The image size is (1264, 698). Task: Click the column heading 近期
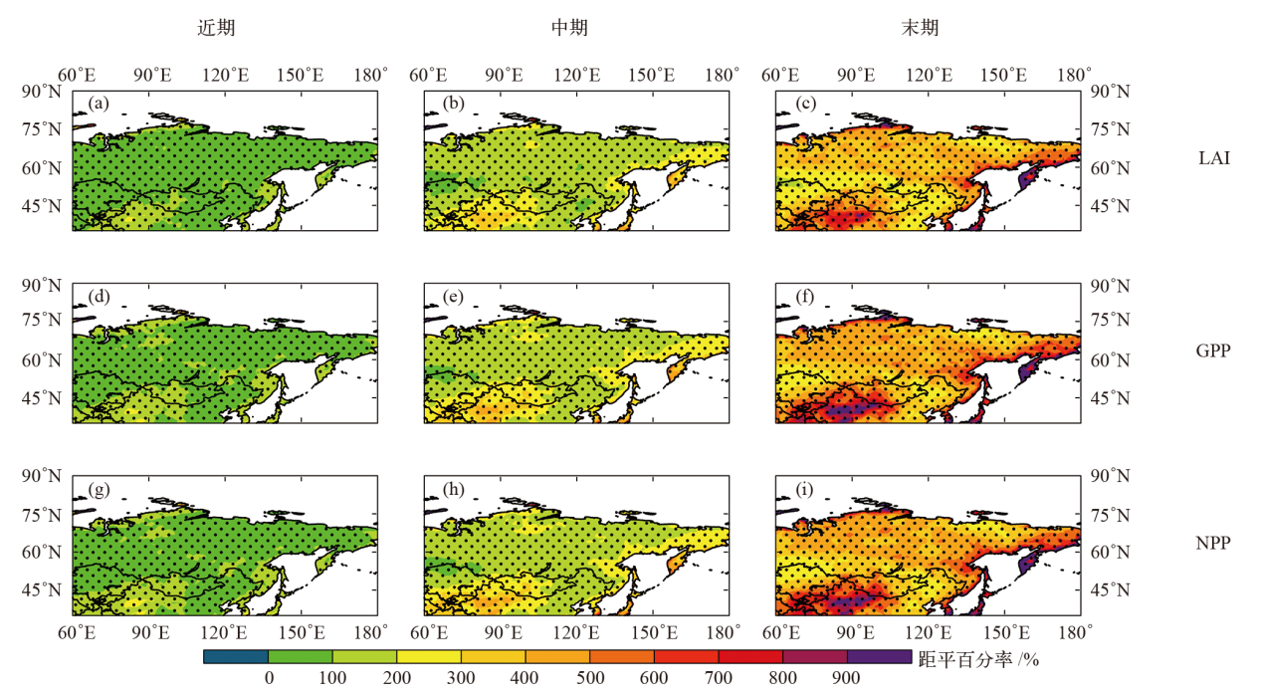(x=216, y=29)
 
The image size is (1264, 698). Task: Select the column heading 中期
(x=569, y=29)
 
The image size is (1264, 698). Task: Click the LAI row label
(x=1213, y=157)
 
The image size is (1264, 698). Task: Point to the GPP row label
(x=1213, y=350)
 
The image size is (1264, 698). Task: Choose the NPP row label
(x=1213, y=544)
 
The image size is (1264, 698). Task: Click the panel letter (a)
(x=98, y=104)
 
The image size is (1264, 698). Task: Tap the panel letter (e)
(x=451, y=297)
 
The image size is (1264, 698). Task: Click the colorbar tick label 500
(x=590, y=679)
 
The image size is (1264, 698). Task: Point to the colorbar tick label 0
(x=269, y=679)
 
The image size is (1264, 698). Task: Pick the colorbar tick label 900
(x=847, y=679)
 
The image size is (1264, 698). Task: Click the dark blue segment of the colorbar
(x=236, y=656)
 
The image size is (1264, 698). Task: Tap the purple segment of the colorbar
(x=879, y=656)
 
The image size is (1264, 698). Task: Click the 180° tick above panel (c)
(x=1075, y=75)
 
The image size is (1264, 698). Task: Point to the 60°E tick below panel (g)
(x=77, y=631)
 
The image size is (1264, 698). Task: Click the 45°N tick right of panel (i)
(x=1108, y=590)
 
